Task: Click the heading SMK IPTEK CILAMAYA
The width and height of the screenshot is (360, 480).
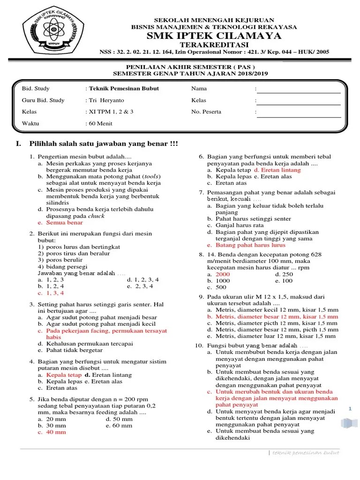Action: coord(214,36)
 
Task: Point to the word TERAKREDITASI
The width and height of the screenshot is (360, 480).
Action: coord(214,45)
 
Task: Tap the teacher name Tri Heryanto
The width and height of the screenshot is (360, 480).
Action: coord(106,100)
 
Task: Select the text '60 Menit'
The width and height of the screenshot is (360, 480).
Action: coord(100,124)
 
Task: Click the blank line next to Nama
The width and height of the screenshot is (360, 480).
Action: coord(298,92)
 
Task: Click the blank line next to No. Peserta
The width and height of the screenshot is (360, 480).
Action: coord(298,115)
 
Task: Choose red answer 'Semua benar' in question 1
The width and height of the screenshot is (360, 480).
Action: coord(64,223)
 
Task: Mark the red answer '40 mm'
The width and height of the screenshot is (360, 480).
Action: coord(56,432)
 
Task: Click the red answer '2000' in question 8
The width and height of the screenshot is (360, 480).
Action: coord(223,274)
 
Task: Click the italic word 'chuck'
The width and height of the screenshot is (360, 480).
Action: coord(96,216)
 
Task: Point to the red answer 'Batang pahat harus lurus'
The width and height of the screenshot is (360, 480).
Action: coord(250,245)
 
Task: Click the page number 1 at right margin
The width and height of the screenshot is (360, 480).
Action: coord(350,409)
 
